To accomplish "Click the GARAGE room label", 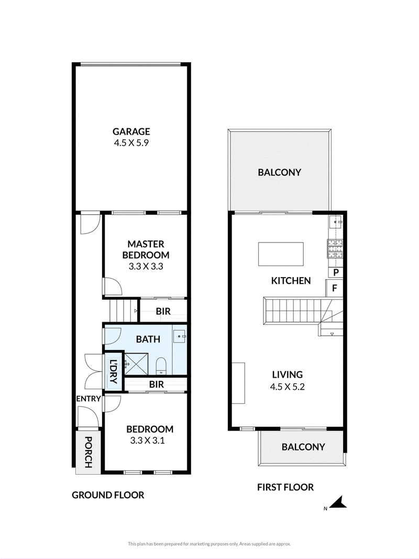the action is point(131,131).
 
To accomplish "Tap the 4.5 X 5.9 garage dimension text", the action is point(131,143).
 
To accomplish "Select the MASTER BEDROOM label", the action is point(146,249).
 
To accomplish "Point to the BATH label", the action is point(148,339).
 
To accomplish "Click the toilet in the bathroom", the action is point(161,366).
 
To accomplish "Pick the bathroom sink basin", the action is point(180,336).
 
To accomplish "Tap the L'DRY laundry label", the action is point(114,371).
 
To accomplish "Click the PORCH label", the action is point(88,453).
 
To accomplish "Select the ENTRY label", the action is point(89,399).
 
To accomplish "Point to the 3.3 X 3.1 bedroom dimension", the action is point(147,441).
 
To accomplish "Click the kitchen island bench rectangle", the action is point(281,254).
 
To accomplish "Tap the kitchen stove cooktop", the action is point(335,248).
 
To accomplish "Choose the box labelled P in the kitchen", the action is point(336,273).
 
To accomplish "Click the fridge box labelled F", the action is point(334,288).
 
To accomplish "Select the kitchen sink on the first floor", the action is point(336,222).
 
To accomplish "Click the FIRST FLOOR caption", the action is point(285,487).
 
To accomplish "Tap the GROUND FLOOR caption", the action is point(108,495).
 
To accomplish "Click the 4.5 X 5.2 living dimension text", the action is point(287,387).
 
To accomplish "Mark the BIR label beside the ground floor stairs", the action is point(163,311).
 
